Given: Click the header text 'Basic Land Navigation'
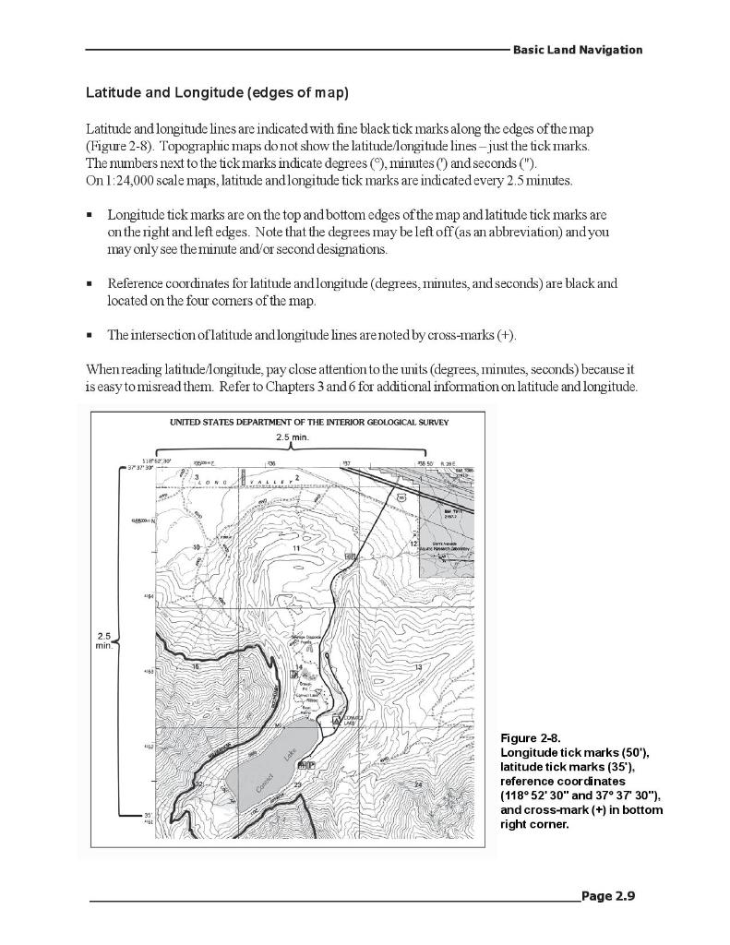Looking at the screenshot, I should point(578,50).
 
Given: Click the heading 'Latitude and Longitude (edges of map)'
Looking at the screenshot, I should point(217,93).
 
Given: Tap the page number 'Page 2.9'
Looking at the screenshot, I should point(609,895).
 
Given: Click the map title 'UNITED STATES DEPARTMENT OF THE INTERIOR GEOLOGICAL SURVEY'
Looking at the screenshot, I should point(309,423).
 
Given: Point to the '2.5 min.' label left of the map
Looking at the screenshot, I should point(103,641).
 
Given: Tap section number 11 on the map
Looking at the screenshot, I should point(296,549).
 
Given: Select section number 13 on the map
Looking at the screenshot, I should point(418,666).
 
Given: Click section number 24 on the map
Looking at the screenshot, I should point(417,784).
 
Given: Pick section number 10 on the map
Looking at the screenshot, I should point(196,548).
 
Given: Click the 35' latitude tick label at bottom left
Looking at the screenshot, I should point(148,815).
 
